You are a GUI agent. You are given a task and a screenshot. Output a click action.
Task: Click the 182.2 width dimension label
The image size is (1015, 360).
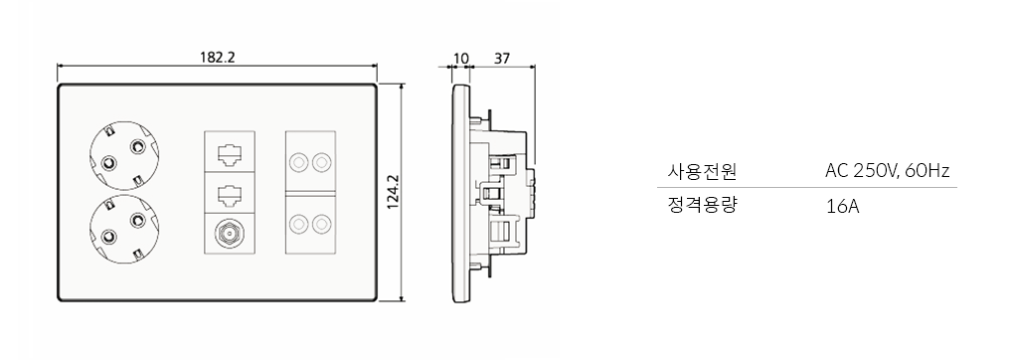click(217, 57)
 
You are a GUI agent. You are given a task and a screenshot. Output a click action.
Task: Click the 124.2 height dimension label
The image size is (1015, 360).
click(393, 192)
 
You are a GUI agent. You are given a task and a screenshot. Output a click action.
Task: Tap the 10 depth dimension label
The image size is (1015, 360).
click(459, 59)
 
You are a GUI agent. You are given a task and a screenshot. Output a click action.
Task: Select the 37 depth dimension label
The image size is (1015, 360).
click(502, 59)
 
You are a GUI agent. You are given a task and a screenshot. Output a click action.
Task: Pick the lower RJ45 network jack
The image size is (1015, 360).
click(230, 194)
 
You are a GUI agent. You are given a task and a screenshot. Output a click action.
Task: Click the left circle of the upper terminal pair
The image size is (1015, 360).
click(298, 162)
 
